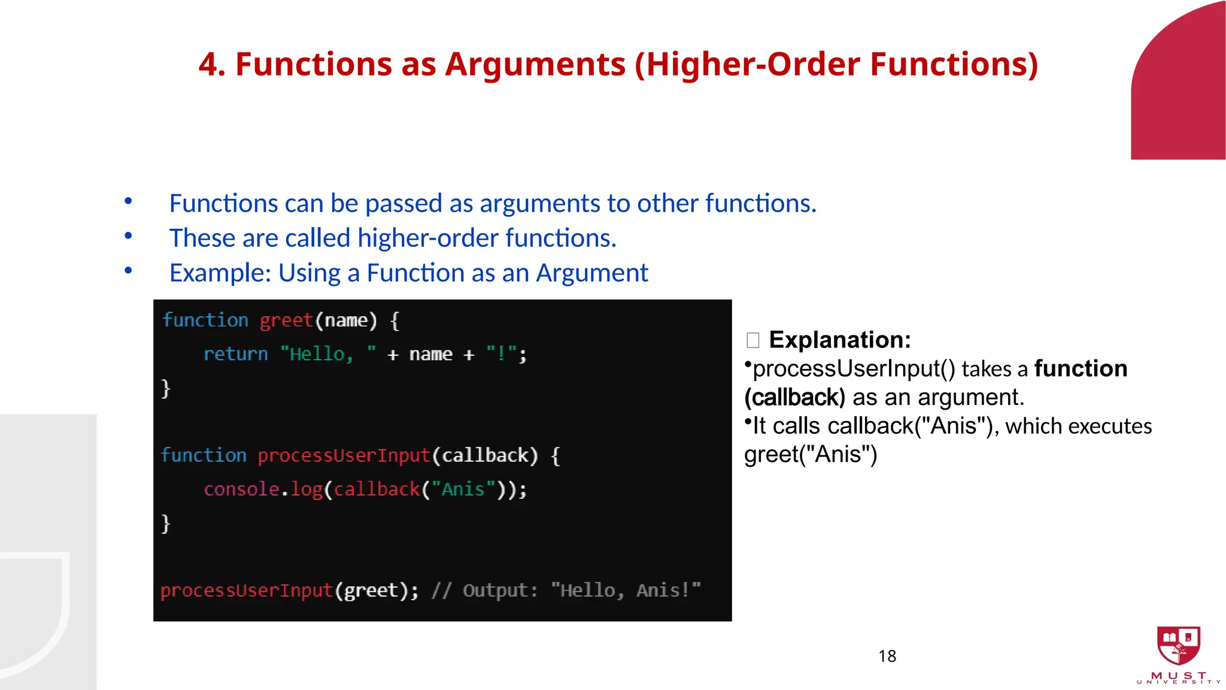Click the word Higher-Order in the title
(x=753, y=65)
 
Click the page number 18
(x=887, y=656)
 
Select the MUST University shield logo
(x=1178, y=646)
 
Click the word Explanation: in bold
(x=840, y=340)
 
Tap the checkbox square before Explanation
(x=753, y=341)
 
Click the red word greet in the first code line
(x=286, y=320)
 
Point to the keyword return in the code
(x=235, y=354)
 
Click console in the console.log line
(x=241, y=489)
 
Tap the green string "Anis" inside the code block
(x=463, y=489)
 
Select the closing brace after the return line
(x=166, y=388)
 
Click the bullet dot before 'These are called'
(x=128, y=236)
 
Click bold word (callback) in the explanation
(x=794, y=398)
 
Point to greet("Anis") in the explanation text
(x=811, y=455)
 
